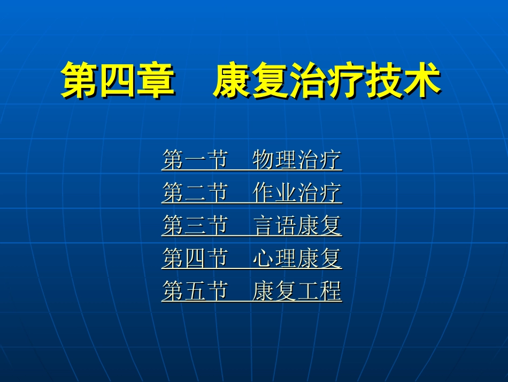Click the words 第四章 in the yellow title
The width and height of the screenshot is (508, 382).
tap(118, 81)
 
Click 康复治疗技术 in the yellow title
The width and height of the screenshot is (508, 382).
tap(327, 81)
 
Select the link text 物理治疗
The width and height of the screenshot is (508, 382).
tap(297, 160)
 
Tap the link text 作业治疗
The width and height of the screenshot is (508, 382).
tap(297, 193)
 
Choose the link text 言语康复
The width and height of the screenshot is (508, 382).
tap(297, 226)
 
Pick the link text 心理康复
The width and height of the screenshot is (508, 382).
tap(297, 259)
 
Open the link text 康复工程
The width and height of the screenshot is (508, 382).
tap(297, 293)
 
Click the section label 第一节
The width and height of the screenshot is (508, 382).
tap(195, 160)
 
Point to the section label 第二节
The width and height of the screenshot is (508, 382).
tap(195, 193)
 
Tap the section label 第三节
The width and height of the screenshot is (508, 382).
tap(195, 226)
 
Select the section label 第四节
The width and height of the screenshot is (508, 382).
tap(195, 259)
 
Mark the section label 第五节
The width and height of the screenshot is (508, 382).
tap(195, 293)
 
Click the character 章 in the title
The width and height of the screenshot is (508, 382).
tap(156, 81)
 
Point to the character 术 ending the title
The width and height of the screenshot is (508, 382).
tap(422, 81)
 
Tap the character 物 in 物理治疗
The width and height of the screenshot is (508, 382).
tap(264, 160)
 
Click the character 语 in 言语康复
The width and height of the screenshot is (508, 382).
tap(286, 226)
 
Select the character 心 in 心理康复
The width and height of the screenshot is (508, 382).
tap(264, 259)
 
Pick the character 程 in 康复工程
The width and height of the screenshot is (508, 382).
tap(330, 293)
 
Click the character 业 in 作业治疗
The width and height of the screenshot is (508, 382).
tap(286, 193)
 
